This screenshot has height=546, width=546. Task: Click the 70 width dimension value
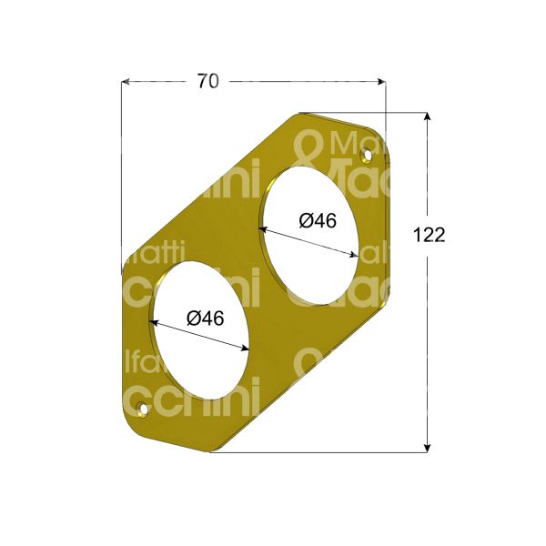[x=207, y=81]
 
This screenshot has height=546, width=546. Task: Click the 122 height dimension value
[x=429, y=235]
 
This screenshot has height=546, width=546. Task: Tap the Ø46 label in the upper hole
[x=318, y=220]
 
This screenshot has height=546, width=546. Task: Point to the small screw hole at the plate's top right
[x=367, y=156]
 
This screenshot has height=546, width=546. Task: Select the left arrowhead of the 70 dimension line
[x=126, y=82]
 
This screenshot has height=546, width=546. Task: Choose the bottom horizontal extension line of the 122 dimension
[x=328, y=451]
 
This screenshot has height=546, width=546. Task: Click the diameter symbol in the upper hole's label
[x=306, y=220]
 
